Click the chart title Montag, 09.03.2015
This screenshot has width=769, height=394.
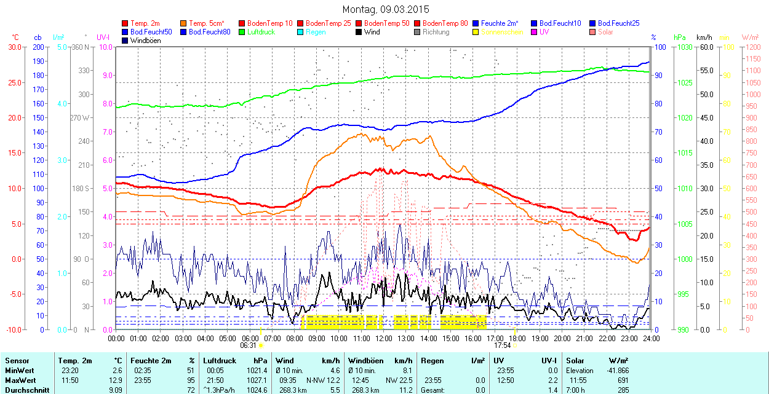(x=386, y=9)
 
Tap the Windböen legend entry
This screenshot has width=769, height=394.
(x=145, y=41)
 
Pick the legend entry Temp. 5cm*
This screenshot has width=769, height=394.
(x=206, y=23)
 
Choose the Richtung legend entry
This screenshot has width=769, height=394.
(x=436, y=32)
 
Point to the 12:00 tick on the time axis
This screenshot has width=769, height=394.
(x=384, y=337)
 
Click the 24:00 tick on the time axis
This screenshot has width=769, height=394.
(x=650, y=337)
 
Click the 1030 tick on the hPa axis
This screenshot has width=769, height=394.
(x=683, y=47)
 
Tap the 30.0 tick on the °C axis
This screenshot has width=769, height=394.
(x=14, y=47)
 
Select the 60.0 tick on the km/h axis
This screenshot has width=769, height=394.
(x=705, y=47)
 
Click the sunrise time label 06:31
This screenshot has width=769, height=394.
(x=249, y=345)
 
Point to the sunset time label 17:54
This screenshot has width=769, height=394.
(x=503, y=345)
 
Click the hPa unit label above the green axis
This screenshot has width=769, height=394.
(x=679, y=37)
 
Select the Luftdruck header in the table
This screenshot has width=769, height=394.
(x=219, y=361)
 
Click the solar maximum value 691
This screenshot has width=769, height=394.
(x=623, y=380)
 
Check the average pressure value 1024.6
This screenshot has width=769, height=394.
(x=258, y=390)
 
